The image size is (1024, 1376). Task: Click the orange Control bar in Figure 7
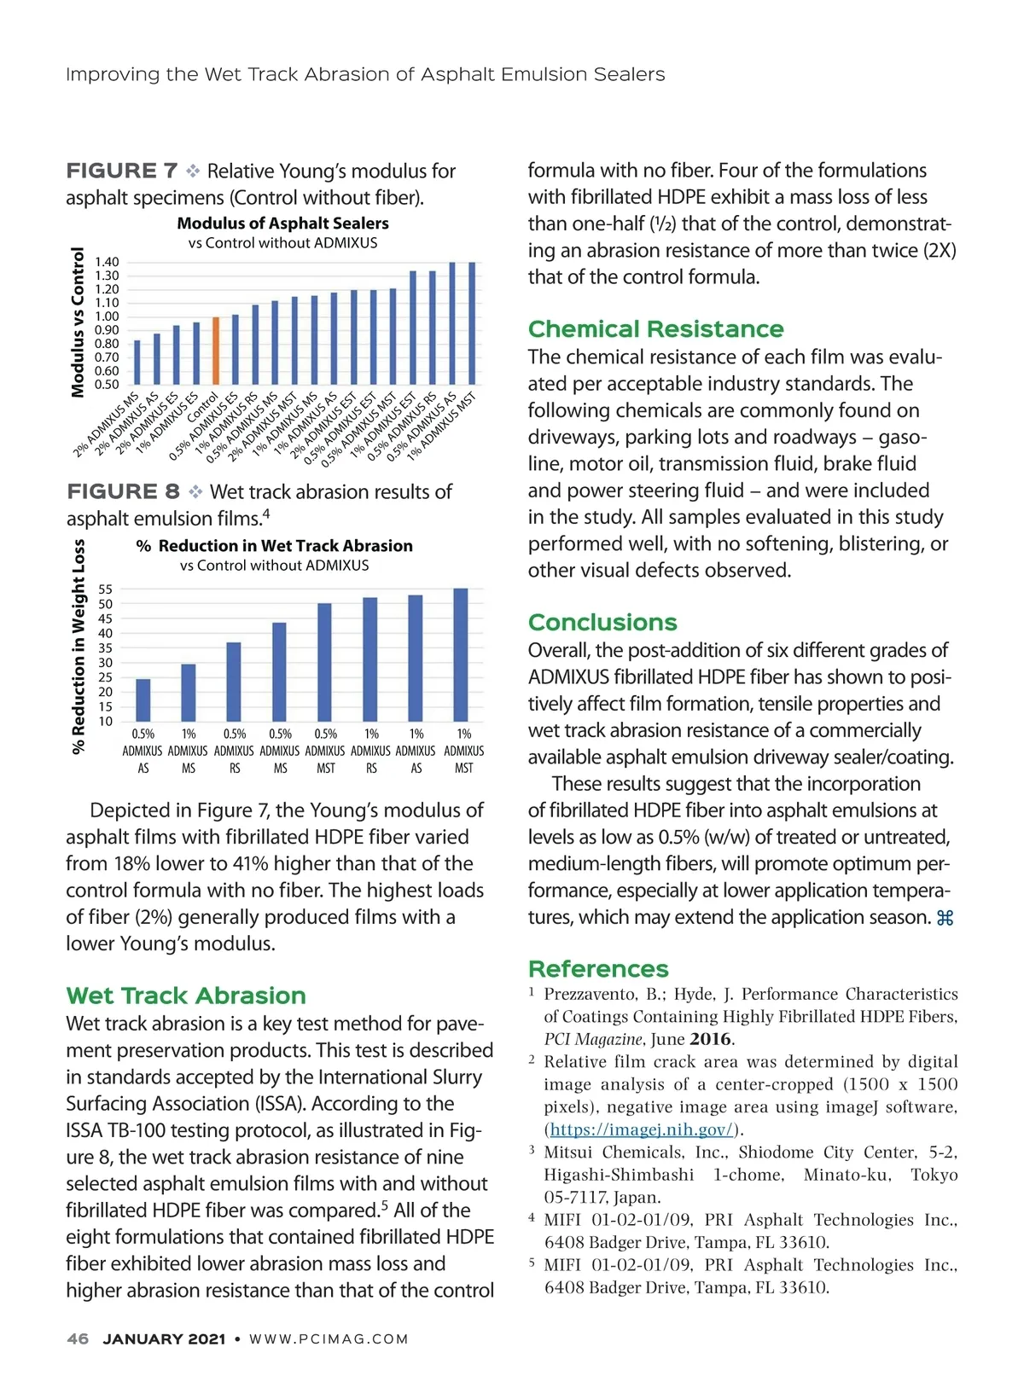coord(216,351)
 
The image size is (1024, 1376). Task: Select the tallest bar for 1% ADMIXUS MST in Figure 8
coord(461,655)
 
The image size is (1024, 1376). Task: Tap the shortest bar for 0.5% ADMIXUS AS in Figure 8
coord(143,700)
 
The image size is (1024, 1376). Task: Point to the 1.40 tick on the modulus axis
coord(107,262)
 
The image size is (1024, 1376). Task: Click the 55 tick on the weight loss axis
coord(106,589)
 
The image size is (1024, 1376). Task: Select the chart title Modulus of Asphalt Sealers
coord(282,224)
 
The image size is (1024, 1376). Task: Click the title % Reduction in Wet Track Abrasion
coord(274,546)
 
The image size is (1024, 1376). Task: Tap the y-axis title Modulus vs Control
coord(79,322)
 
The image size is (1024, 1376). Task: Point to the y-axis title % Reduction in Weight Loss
coord(79,646)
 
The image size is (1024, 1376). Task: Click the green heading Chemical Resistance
coord(655,329)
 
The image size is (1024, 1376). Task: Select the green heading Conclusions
coord(602,623)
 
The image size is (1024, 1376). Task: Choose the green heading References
coord(598,969)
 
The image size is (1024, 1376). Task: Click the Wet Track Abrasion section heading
coord(186,996)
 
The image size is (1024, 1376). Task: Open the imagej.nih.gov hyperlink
coord(641,1129)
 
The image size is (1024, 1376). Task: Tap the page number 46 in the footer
coord(78,1339)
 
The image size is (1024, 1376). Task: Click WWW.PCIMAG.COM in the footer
coord(329,1339)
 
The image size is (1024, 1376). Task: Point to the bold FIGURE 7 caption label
coord(122,171)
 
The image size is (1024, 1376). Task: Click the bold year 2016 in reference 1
coord(711,1039)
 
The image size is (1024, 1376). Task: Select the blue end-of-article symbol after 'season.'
coord(945,919)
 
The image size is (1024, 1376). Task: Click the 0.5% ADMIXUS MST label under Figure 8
coord(325,751)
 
